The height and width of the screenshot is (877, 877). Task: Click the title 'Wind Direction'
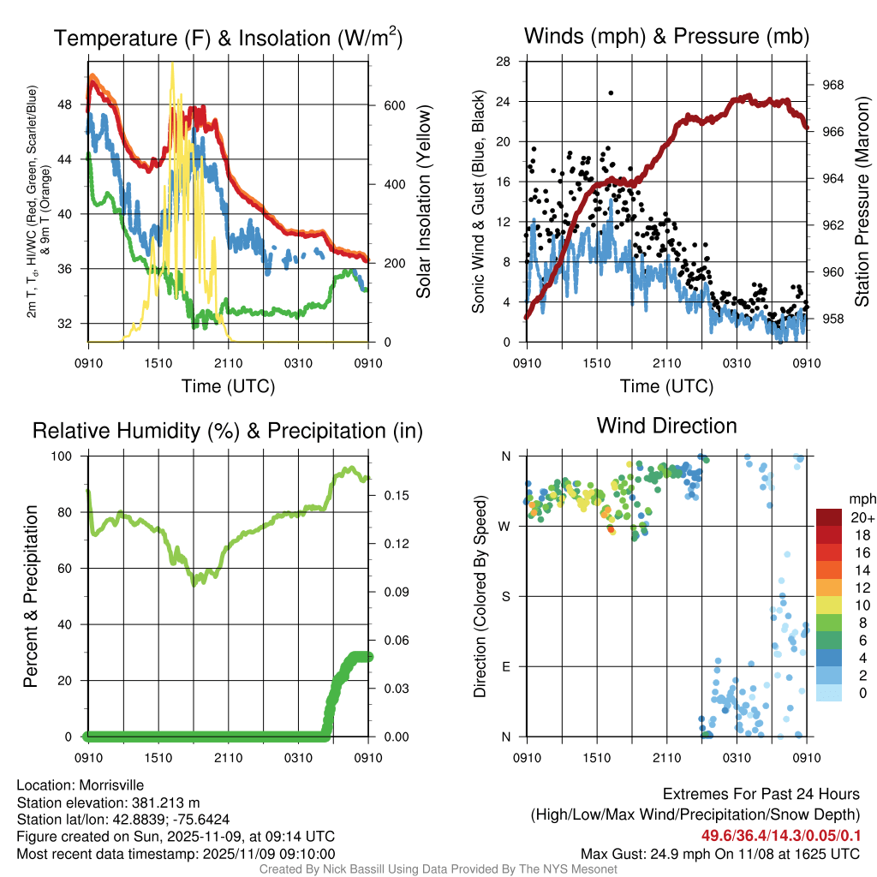point(666,426)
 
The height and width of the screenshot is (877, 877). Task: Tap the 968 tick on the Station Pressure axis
point(832,85)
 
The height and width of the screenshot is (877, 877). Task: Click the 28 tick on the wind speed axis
point(504,61)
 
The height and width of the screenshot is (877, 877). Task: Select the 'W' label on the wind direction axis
point(505,526)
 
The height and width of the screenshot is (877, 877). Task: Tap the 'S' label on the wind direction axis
point(506,596)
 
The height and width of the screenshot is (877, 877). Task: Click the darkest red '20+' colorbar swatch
point(830,518)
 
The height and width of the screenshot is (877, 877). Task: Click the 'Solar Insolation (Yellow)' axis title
point(424,202)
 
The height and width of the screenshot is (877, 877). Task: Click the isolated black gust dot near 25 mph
point(611,92)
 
